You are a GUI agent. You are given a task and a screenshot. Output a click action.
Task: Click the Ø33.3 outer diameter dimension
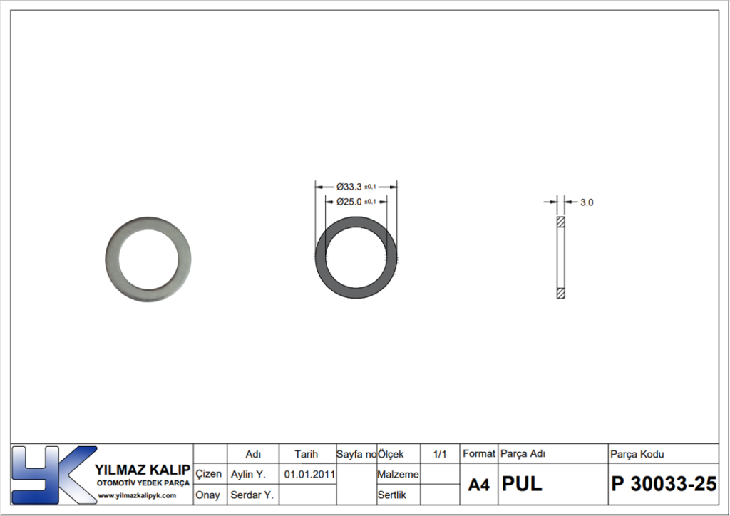coord(356,187)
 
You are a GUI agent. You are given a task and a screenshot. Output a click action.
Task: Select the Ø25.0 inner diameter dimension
coord(356,202)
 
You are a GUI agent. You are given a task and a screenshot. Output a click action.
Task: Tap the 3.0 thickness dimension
coord(587,202)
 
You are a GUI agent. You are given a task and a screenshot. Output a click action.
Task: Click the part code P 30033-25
coord(664,484)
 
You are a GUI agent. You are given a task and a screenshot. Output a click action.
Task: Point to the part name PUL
coord(521,484)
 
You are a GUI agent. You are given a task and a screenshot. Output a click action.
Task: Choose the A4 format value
coord(478,485)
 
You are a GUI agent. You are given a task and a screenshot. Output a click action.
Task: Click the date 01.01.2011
coord(309,474)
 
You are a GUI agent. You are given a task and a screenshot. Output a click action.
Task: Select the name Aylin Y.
coord(248,474)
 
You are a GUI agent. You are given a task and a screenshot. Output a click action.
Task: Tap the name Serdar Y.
coord(252,495)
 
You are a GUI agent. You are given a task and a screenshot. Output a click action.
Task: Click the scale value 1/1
coord(439,454)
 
